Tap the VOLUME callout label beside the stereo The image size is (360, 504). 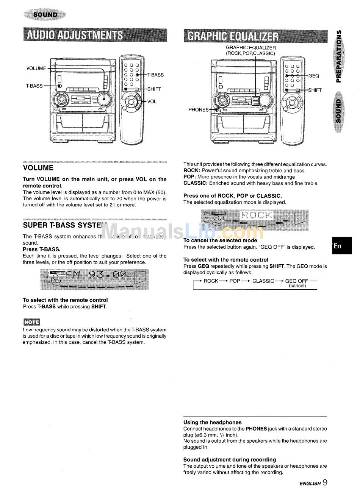[36, 69]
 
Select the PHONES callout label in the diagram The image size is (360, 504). [198, 110]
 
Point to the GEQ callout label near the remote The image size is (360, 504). [314, 76]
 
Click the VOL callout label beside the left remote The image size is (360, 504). [152, 101]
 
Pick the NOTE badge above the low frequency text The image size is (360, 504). [31, 322]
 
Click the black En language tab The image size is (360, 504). [342, 246]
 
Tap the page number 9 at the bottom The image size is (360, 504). [325, 482]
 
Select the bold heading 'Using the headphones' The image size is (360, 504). [212, 422]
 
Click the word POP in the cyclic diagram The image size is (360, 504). [235, 281]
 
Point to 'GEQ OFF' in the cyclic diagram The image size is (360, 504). [297, 281]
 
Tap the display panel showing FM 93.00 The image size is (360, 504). [94, 279]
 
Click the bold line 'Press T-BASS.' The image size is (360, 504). [42, 249]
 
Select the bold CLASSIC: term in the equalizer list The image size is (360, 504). [195, 183]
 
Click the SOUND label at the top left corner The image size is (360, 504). [45, 15]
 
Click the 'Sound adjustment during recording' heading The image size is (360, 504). [229, 460]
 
